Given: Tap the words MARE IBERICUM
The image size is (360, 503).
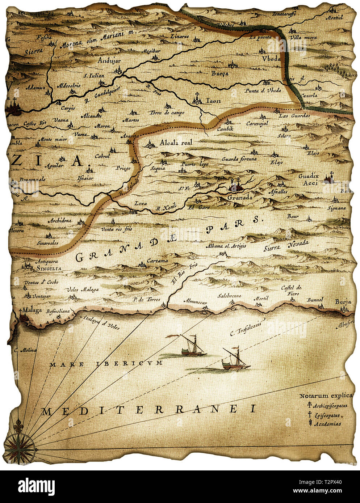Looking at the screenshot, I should [x=106, y=364].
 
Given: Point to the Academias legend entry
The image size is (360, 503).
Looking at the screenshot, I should [x=327, y=424].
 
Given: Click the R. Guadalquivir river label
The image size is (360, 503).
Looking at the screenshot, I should [x=102, y=95].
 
